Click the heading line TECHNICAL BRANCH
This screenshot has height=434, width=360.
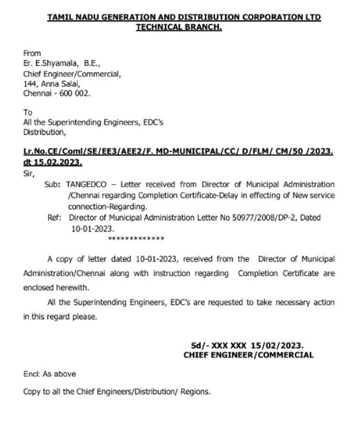pyautogui.click(x=179, y=27)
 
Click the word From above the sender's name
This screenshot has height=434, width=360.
pyautogui.click(x=32, y=53)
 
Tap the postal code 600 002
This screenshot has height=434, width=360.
pyautogui.click(x=75, y=93)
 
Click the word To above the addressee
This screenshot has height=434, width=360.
pyautogui.click(x=28, y=112)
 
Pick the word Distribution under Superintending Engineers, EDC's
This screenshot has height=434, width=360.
pyautogui.click(x=44, y=132)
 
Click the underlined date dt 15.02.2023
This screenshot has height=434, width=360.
pyautogui.click(x=53, y=162)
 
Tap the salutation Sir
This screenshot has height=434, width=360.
pyautogui.click(x=28, y=174)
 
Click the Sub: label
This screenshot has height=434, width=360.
pyautogui.click(x=52, y=185)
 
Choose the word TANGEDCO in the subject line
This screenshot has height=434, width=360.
pyautogui.click(x=86, y=185)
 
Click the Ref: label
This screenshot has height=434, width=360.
pyautogui.click(x=54, y=218)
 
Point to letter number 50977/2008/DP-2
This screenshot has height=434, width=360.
pyautogui.click(x=264, y=218)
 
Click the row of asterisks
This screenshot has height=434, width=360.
pyautogui.click(x=136, y=239)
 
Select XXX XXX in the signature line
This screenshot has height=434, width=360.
pyautogui.click(x=229, y=345)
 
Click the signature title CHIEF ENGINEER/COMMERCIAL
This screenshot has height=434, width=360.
pyautogui.click(x=248, y=355)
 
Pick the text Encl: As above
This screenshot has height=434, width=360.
pyautogui.click(x=49, y=374)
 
